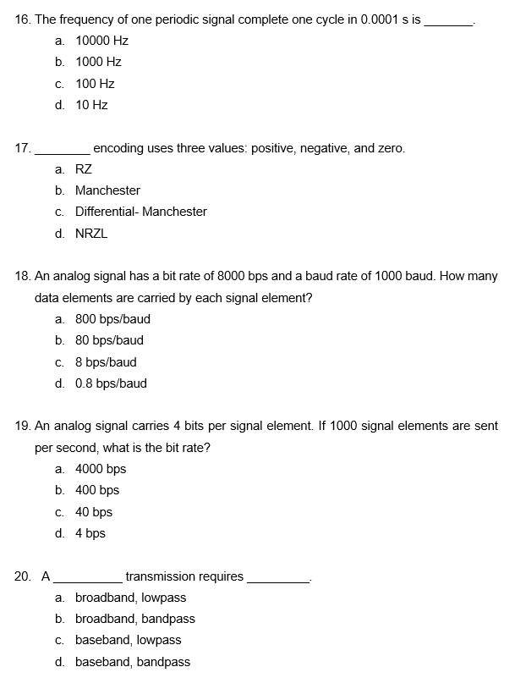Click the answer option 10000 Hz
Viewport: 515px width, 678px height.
101,41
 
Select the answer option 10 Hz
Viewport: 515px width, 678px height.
91,105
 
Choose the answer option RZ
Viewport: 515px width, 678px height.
84,169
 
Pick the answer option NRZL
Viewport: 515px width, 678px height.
91,234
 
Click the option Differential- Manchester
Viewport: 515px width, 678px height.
140,212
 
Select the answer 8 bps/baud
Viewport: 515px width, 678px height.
106,362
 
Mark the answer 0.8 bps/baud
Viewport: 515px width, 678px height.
111,383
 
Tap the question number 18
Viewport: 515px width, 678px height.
23,276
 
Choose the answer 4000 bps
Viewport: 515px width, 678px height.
101,469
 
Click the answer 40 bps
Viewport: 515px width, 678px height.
94,512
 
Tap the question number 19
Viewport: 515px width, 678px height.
23,426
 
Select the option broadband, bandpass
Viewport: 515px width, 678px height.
134,619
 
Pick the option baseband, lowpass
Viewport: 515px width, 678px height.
128,640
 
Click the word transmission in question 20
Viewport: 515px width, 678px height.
161,576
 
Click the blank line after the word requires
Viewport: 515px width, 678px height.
278,581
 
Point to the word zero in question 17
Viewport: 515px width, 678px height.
390,148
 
